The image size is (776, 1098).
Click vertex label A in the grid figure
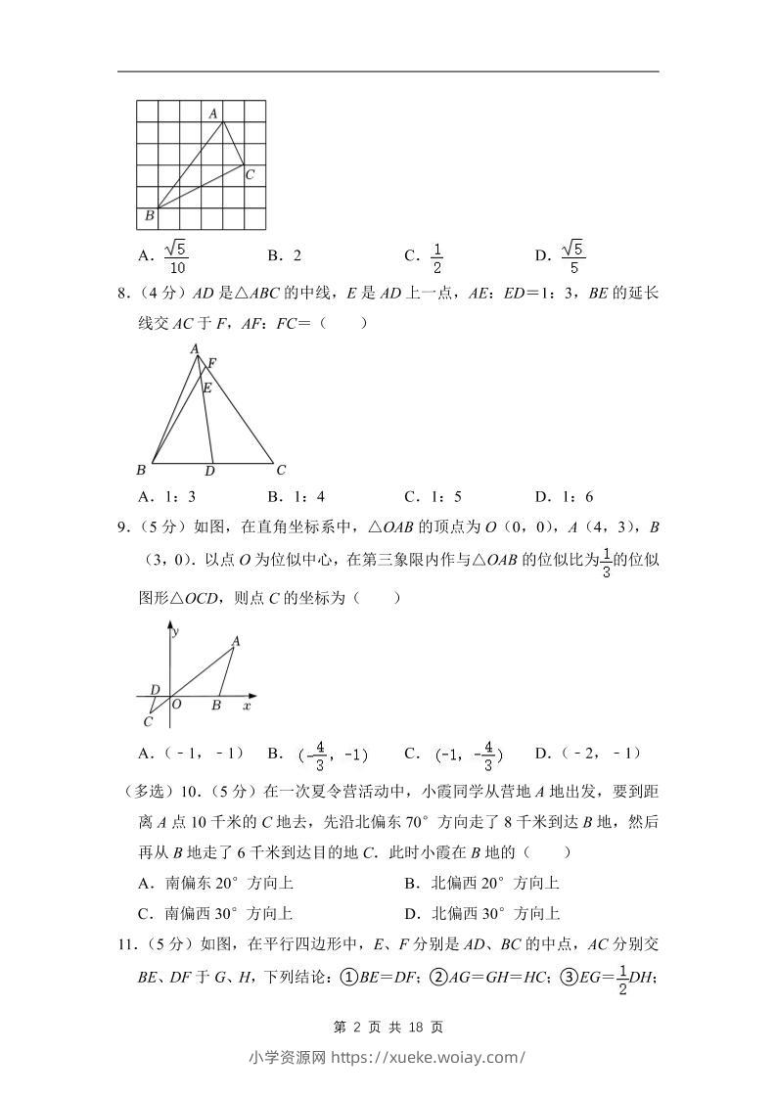tap(212, 114)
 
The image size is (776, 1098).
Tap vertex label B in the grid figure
tap(150, 215)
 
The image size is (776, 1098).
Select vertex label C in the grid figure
tap(251, 175)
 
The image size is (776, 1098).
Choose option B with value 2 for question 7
tap(284, 256)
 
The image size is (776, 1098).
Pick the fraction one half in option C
tap(436, 256)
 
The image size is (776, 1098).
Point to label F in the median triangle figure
tap(211, 363)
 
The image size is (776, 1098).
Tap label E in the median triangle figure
tap(207, 388)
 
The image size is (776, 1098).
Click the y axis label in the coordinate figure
tap(175, 632)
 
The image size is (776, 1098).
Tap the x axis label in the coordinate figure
tap(247, 706)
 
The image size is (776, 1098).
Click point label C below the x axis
tap(148, 722)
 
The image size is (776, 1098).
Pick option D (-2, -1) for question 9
tap(587, 754)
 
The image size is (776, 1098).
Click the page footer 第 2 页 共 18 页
tap(388, 1028)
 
